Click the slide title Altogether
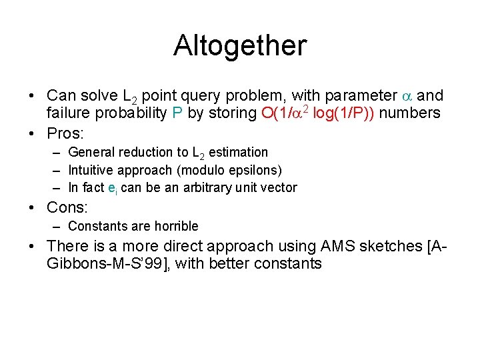click(x=240, y=45)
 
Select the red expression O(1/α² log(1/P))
click(x=319, y=113)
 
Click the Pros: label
click(x=66, y=131)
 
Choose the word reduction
click(x=139, y=153)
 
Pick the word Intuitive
click(x=91, y=170)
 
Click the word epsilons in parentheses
click(x=253, y=170)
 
